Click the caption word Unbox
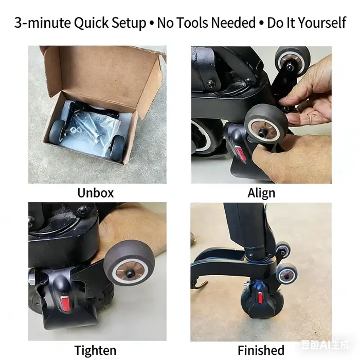tap(96, 193)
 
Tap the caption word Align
tap(261, 193)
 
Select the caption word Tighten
tap(95, 350)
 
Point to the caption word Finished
tap(261, 350)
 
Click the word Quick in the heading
tap(91, 23)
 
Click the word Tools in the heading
tap(192, 23)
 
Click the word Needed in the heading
tap(233, 23)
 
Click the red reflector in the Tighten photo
tap(66, 303)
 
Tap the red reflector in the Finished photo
tap(260, 298)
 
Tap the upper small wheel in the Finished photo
tap(283, 250)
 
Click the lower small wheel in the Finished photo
tap(287, 274)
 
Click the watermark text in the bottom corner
tap(324, 345)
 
